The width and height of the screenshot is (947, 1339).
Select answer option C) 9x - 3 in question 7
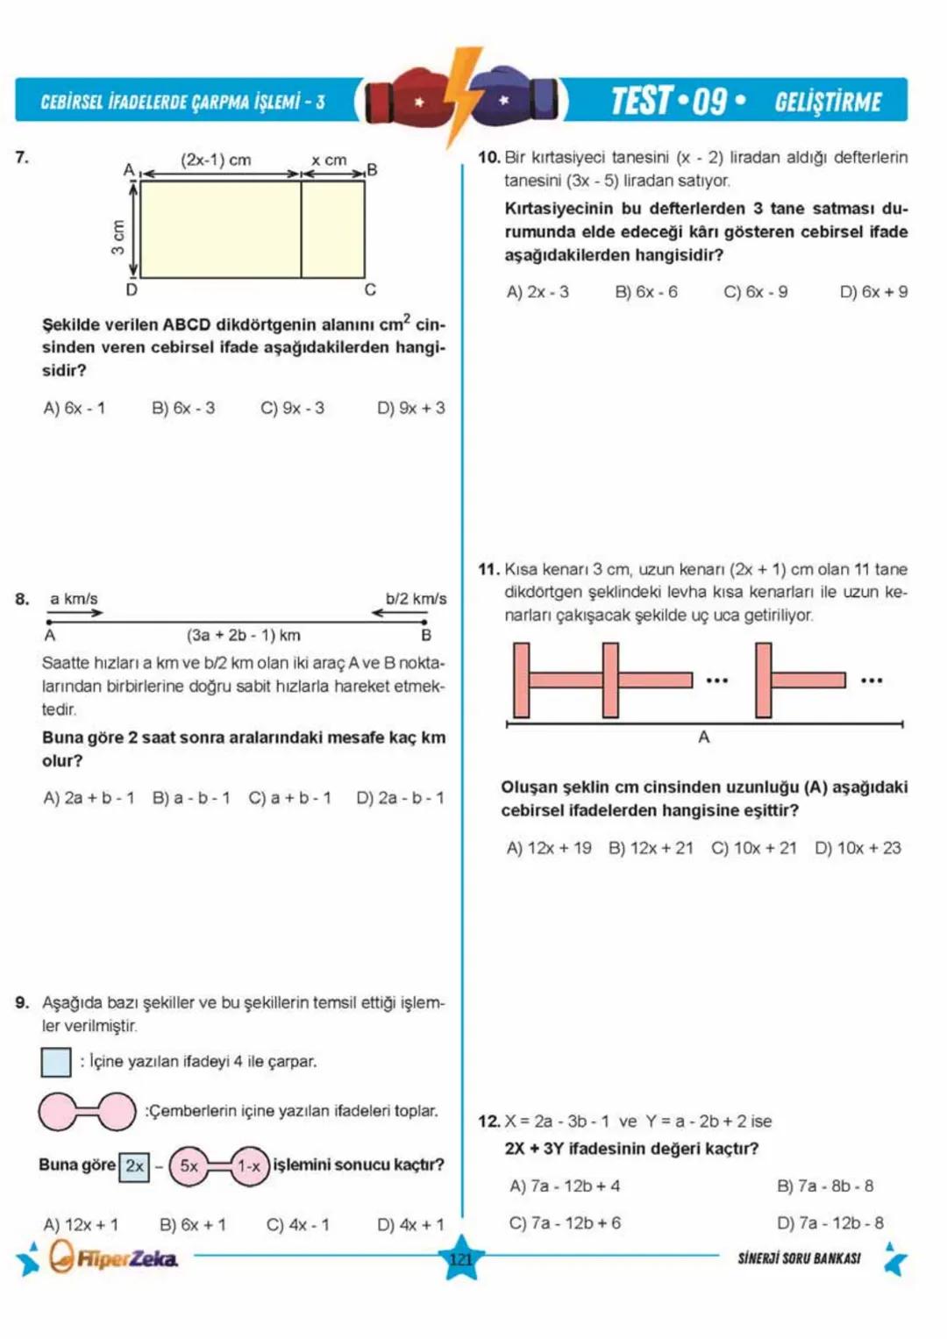(292, 409)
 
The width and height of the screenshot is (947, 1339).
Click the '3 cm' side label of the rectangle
(117, 236)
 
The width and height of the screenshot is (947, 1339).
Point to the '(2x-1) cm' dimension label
(216, 160)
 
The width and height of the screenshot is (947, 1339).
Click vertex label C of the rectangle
(370, 289)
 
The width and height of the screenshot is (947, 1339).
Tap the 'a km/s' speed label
(74, 599)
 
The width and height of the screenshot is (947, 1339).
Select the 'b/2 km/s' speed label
(416, 599)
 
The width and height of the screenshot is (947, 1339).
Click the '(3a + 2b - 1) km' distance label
(243, 635)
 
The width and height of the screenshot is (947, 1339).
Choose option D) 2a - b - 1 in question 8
(400, 798)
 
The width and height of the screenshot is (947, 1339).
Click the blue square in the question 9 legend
(56, 1062)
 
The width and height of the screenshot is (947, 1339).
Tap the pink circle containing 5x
(189, 1166)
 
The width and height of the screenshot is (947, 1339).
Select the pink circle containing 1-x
(250, 1166)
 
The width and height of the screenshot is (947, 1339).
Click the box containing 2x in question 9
(134, 1166)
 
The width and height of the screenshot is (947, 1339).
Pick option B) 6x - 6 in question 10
(646, 292)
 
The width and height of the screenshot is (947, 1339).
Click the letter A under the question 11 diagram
(703, 737)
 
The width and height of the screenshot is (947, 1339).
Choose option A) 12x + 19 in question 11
(549, 848)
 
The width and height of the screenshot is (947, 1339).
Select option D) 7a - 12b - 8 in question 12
(830, 1222)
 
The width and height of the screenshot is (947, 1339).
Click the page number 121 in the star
(461, 1259)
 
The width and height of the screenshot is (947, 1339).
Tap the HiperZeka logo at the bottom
(114, 1258)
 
